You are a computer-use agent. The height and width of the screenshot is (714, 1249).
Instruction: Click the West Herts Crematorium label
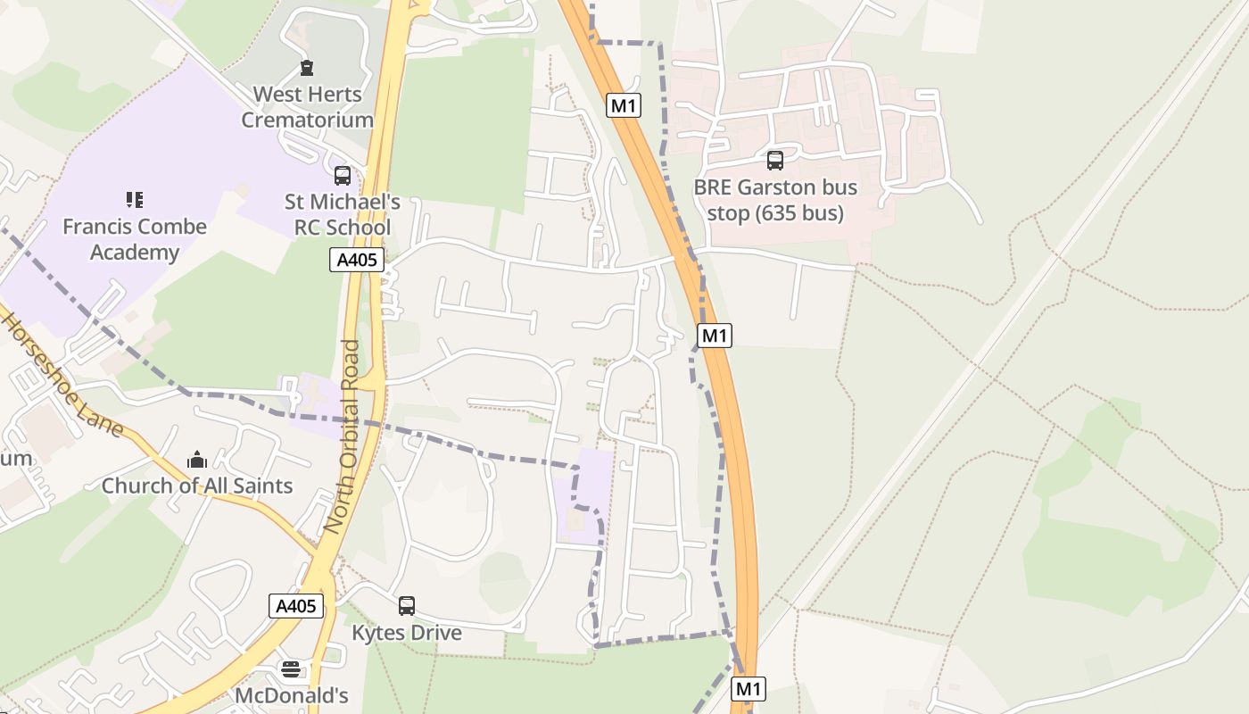click(x=307, y=106)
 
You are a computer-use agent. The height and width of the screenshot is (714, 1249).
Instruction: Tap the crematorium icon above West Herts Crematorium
click(x=307, y=68)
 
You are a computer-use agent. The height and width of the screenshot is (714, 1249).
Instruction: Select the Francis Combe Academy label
click(x=135, y=239)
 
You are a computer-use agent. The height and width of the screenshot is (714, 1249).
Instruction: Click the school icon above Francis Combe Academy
click(x=135, y=200)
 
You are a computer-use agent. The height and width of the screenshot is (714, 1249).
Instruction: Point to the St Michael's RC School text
click(x=343, y=214)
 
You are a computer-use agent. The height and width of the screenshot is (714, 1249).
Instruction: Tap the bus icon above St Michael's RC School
click(x=343, y=176)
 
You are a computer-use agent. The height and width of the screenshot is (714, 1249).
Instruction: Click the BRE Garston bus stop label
click(x=775, y=200)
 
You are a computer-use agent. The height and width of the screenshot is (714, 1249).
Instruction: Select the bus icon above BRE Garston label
click(x=775, y=161)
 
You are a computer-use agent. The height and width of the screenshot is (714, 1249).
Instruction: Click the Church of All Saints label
click(x=197, y=486)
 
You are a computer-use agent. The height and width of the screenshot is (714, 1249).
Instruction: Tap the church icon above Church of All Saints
click(x=197, y=461)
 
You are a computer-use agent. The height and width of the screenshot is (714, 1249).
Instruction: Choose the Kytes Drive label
click(x=407, y=633)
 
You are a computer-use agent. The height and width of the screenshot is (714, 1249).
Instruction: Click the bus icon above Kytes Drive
click(x=407, y=606)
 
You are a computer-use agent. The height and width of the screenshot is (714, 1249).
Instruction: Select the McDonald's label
click(x=291, y=694)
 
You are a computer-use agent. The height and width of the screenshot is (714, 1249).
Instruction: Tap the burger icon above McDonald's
click(x=291, y=668)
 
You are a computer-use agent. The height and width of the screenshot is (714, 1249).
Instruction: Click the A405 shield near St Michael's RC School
click(x=357, y=260)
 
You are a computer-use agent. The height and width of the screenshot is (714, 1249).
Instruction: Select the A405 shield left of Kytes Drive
click(x=295, y=606)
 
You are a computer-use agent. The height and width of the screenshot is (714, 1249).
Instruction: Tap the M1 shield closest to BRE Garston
click(x=624, y=105)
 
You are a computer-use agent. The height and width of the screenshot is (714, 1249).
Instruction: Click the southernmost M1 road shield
click(x=749, y=688)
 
